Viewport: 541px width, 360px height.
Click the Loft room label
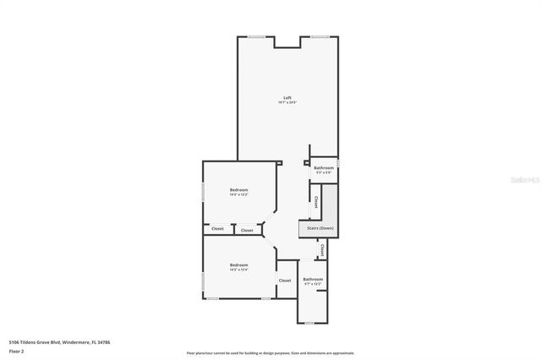coord(287,98)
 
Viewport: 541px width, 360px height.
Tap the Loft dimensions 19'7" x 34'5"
coord(287,103)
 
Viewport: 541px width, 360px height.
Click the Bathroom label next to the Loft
coord(324,168)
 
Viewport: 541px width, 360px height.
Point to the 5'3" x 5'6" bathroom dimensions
coord(324,173)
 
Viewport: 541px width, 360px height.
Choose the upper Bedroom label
coord(239,189)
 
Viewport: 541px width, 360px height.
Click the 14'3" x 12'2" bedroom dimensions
coord(239,194)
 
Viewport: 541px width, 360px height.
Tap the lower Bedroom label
coord(239,265)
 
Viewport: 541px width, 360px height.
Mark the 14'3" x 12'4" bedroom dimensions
coord(239,270)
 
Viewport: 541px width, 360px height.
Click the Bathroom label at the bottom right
coord(313,279)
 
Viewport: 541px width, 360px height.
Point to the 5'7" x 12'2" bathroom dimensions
coord(313,284)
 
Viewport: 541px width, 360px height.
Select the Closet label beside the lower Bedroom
coord(285,281)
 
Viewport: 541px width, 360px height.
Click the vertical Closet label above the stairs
coord(315,203)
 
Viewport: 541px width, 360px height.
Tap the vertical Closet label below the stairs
coord(322,249)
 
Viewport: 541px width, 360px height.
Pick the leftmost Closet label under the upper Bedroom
coord(217,229)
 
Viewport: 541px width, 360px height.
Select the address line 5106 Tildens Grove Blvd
coord(59,341)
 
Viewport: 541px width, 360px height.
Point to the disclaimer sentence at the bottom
coord(270,352)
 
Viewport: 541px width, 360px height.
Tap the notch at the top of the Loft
coord(287,42)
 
